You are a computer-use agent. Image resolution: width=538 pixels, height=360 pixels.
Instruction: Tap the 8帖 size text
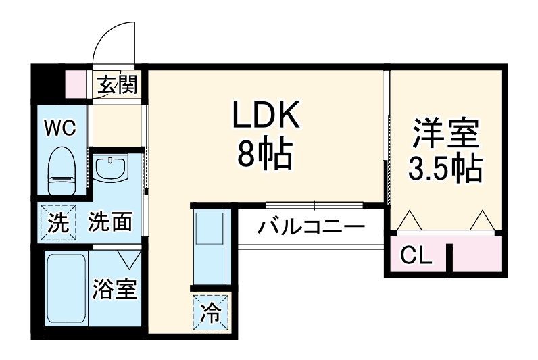[265, 155]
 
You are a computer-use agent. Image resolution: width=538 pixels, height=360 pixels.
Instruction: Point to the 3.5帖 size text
[445, 168]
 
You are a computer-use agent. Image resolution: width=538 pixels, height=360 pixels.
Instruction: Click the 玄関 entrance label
[118, 85]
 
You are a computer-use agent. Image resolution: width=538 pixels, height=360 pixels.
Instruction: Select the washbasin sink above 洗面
[111, 168]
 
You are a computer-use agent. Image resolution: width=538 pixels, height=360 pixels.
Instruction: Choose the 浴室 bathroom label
[115, 289]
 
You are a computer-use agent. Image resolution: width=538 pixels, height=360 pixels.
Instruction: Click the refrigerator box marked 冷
[211, 312]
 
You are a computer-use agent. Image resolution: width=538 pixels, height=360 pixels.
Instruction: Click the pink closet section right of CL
[476, 256]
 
